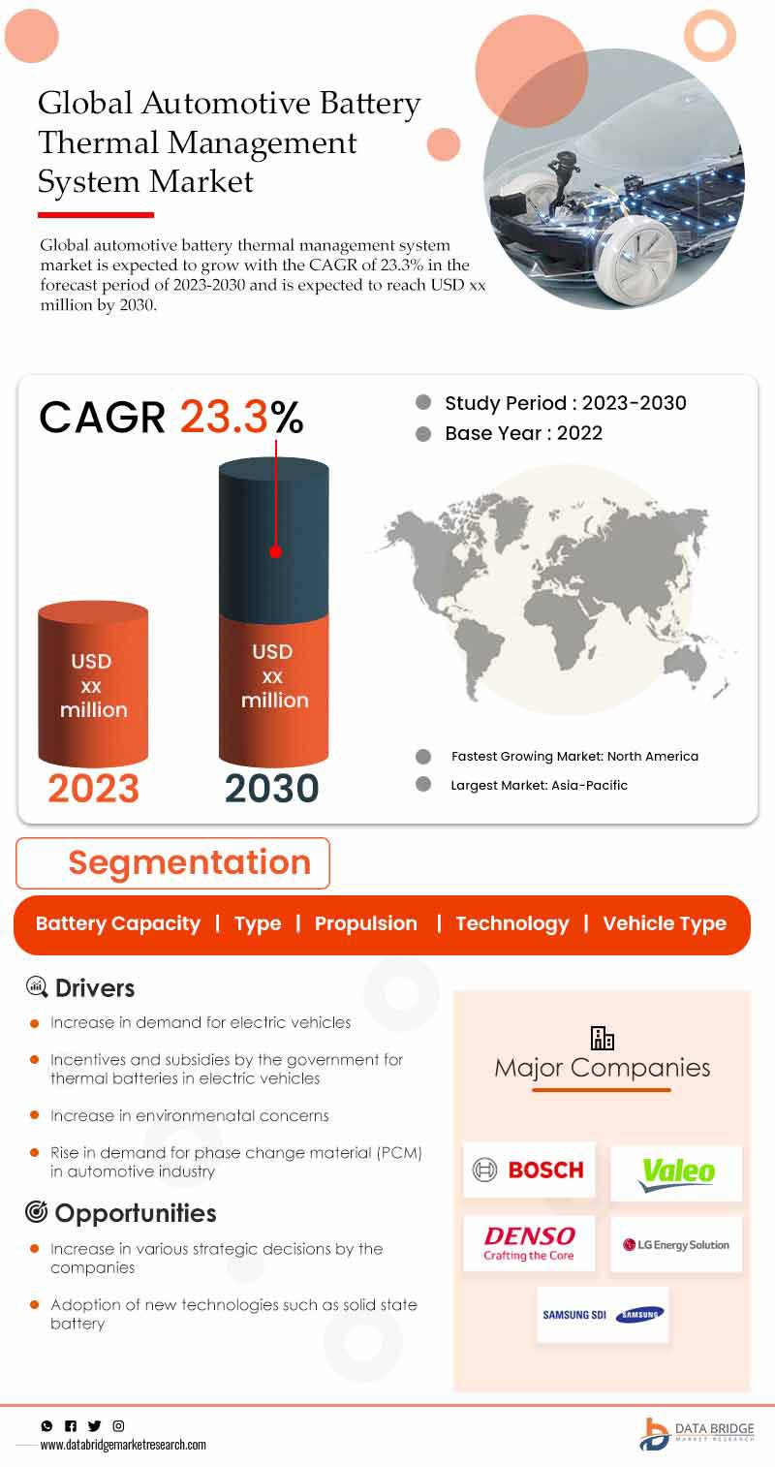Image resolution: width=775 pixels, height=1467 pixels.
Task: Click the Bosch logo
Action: point(529,1170)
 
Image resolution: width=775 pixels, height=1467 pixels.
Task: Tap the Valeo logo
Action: point(676,1172)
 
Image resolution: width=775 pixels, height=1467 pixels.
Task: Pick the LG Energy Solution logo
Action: point(676,1245)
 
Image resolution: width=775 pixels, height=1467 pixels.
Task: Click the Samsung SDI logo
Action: point(603,1315)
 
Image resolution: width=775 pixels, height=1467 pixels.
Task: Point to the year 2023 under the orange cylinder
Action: point(93,789)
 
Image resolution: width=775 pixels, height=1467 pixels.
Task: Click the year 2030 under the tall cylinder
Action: point(272,789)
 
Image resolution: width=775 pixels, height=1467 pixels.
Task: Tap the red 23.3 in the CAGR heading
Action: point(224,417)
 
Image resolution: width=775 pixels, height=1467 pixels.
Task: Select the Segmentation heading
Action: point(189,862)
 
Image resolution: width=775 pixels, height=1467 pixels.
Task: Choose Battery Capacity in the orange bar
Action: point(117,923)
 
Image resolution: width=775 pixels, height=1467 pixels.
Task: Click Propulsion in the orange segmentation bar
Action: point(365,923)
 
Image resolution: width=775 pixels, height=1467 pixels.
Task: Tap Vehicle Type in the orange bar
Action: point(665,923)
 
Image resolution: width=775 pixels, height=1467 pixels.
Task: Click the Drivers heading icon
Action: point(37,987)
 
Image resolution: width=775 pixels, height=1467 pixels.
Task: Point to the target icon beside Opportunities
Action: point(37,1212)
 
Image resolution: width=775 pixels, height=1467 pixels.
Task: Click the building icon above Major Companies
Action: point(603,1038)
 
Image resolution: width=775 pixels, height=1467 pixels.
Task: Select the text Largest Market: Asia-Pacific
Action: point(539,786)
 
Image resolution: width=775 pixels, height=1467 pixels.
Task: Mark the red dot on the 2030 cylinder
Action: point(275,551)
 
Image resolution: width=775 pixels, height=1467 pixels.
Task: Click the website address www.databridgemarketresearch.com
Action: point(123,1445)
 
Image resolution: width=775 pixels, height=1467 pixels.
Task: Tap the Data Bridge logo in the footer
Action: point(697,1433)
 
